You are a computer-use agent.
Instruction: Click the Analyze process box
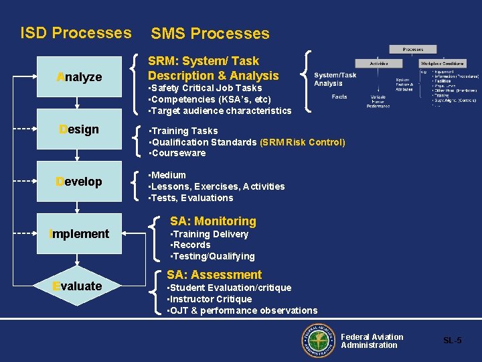click(79, 77)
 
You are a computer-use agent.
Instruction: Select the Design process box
click(79, 129)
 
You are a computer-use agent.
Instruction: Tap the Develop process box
click(79, 182)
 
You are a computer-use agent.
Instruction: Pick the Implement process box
click(79, 234)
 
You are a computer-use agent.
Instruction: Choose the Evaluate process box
click(79, 286)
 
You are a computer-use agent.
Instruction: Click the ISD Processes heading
click(76, 32)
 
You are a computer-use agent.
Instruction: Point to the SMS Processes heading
click(210, 34)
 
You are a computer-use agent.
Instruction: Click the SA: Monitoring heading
click(213, 221)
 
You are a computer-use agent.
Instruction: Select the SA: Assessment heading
click(214, 275)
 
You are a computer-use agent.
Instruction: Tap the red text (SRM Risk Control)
click(303, 142)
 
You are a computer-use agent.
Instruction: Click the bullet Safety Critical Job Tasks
click(205, 88)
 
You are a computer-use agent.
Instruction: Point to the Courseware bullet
click(177, 154)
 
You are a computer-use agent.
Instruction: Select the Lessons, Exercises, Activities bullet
click(216, 186)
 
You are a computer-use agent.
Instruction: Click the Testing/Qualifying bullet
click(213, 256)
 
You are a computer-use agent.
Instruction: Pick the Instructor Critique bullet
click(210, 299)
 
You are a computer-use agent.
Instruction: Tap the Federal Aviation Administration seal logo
click(317, 341)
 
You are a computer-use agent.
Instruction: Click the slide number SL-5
click(452, 341)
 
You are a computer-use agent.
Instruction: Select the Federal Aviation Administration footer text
click(372, 341)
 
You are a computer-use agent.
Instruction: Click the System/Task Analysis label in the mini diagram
click(335, 79)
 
